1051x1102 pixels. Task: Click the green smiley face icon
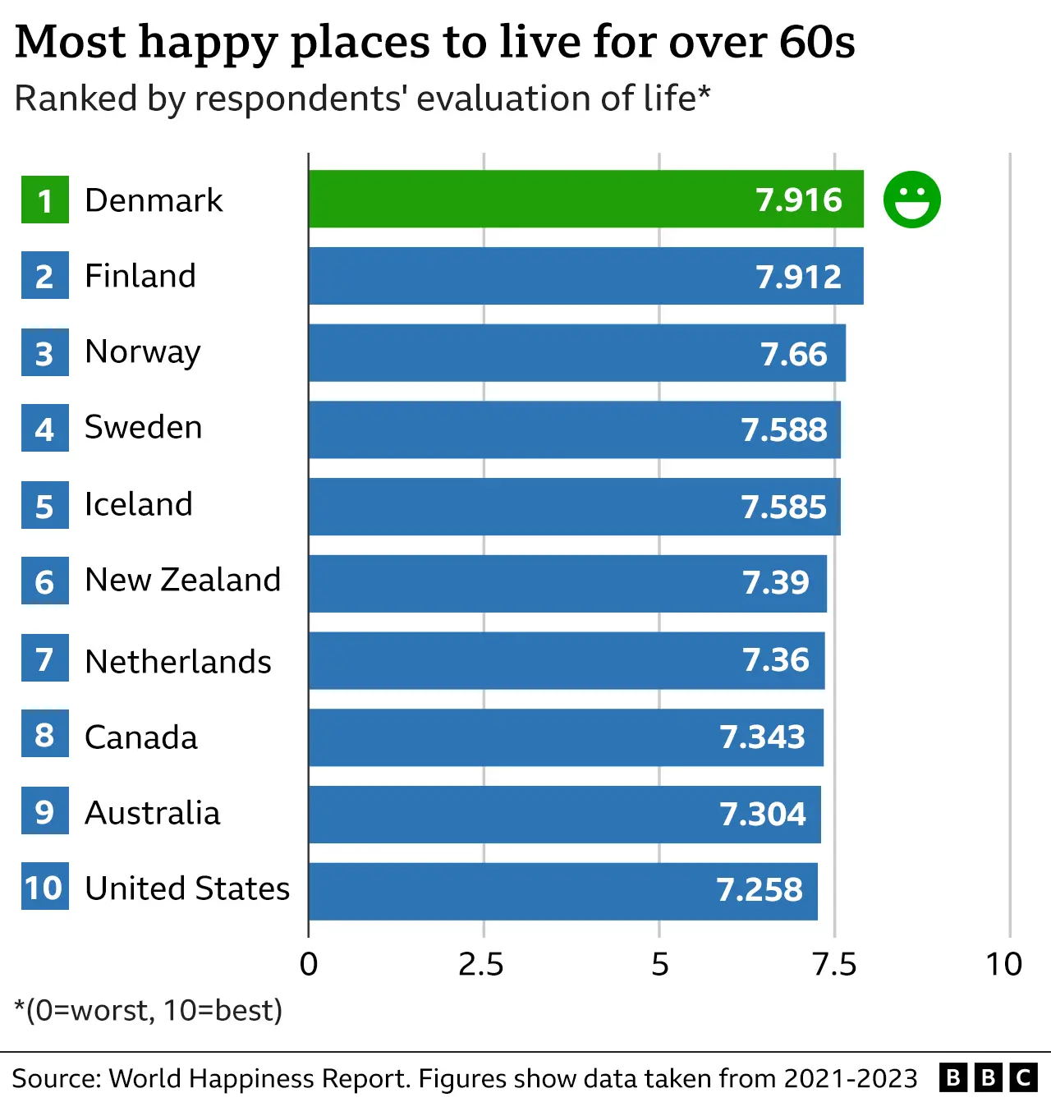911,200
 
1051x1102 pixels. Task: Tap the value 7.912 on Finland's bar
798,277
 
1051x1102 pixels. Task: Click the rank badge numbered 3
44,353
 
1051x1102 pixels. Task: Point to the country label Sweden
143,428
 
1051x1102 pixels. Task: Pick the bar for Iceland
574,507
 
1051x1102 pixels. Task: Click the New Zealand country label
182,581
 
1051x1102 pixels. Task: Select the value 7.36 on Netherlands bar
775,660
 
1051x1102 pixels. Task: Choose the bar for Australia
564,814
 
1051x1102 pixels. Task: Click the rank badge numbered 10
44,888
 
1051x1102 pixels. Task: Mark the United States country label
187,888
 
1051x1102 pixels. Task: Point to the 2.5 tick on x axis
481,964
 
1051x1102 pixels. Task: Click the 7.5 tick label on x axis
834,964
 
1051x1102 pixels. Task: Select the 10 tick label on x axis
1003,964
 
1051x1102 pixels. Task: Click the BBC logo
988,1077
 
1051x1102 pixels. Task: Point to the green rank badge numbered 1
44,200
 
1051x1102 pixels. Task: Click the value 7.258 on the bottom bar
759,890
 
